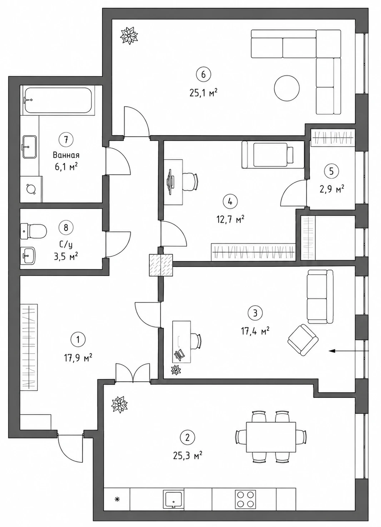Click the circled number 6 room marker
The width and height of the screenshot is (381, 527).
tap(203, 75)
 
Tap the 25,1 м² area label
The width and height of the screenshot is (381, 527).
tap(203, 93)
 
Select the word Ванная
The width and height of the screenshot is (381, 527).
tap(66, 155)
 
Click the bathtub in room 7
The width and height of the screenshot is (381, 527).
tap(58, 100)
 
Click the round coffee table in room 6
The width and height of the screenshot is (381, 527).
tap(287, 88)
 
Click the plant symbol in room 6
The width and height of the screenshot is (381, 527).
tap(129, 35)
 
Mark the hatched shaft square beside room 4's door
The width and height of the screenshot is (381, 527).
tap(161, 265)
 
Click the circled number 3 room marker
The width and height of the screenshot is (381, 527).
tap(255, 313)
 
